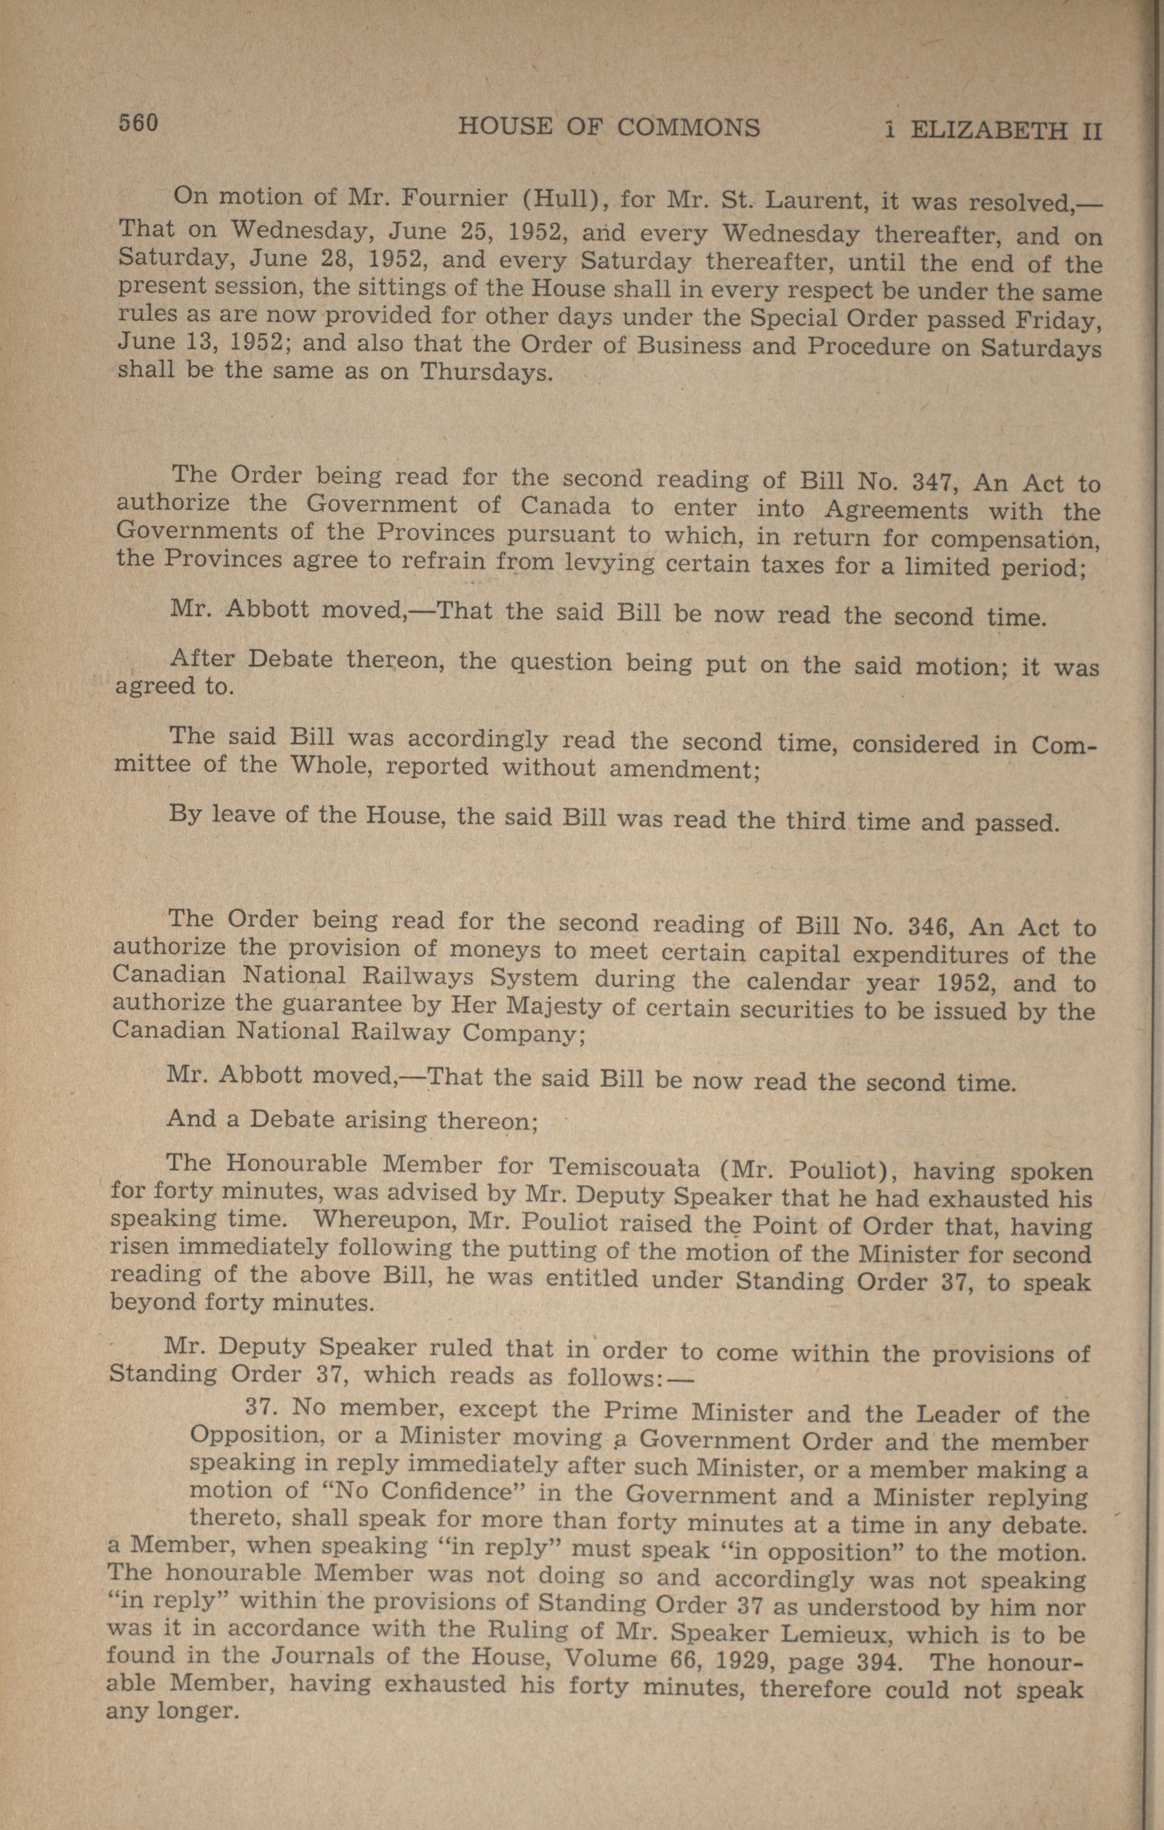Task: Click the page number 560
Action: point(137,122)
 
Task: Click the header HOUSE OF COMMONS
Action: point(609,126)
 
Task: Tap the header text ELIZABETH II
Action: point(1005,131)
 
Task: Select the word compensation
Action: point(1015,539)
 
